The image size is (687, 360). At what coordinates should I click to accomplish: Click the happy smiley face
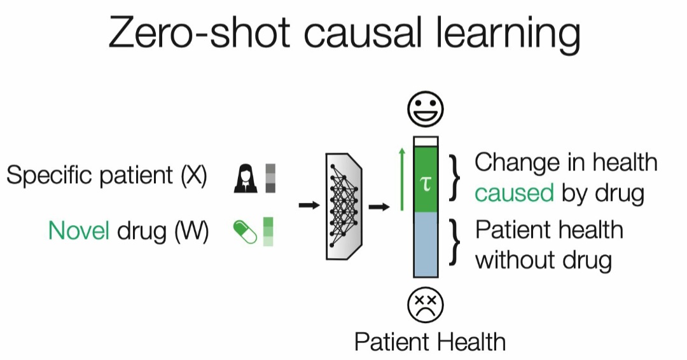[426, 111]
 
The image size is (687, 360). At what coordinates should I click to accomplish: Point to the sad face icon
[425, 305]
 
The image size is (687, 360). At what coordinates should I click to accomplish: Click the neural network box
[343, 205]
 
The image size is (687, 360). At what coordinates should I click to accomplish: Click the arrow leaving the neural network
[379, 205]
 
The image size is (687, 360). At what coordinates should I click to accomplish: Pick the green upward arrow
[401, 179]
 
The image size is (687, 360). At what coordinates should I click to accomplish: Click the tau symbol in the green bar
[426, 184]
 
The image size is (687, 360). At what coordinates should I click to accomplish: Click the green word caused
[515, 192]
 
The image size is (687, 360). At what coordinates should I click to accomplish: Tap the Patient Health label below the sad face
[429, 342]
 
